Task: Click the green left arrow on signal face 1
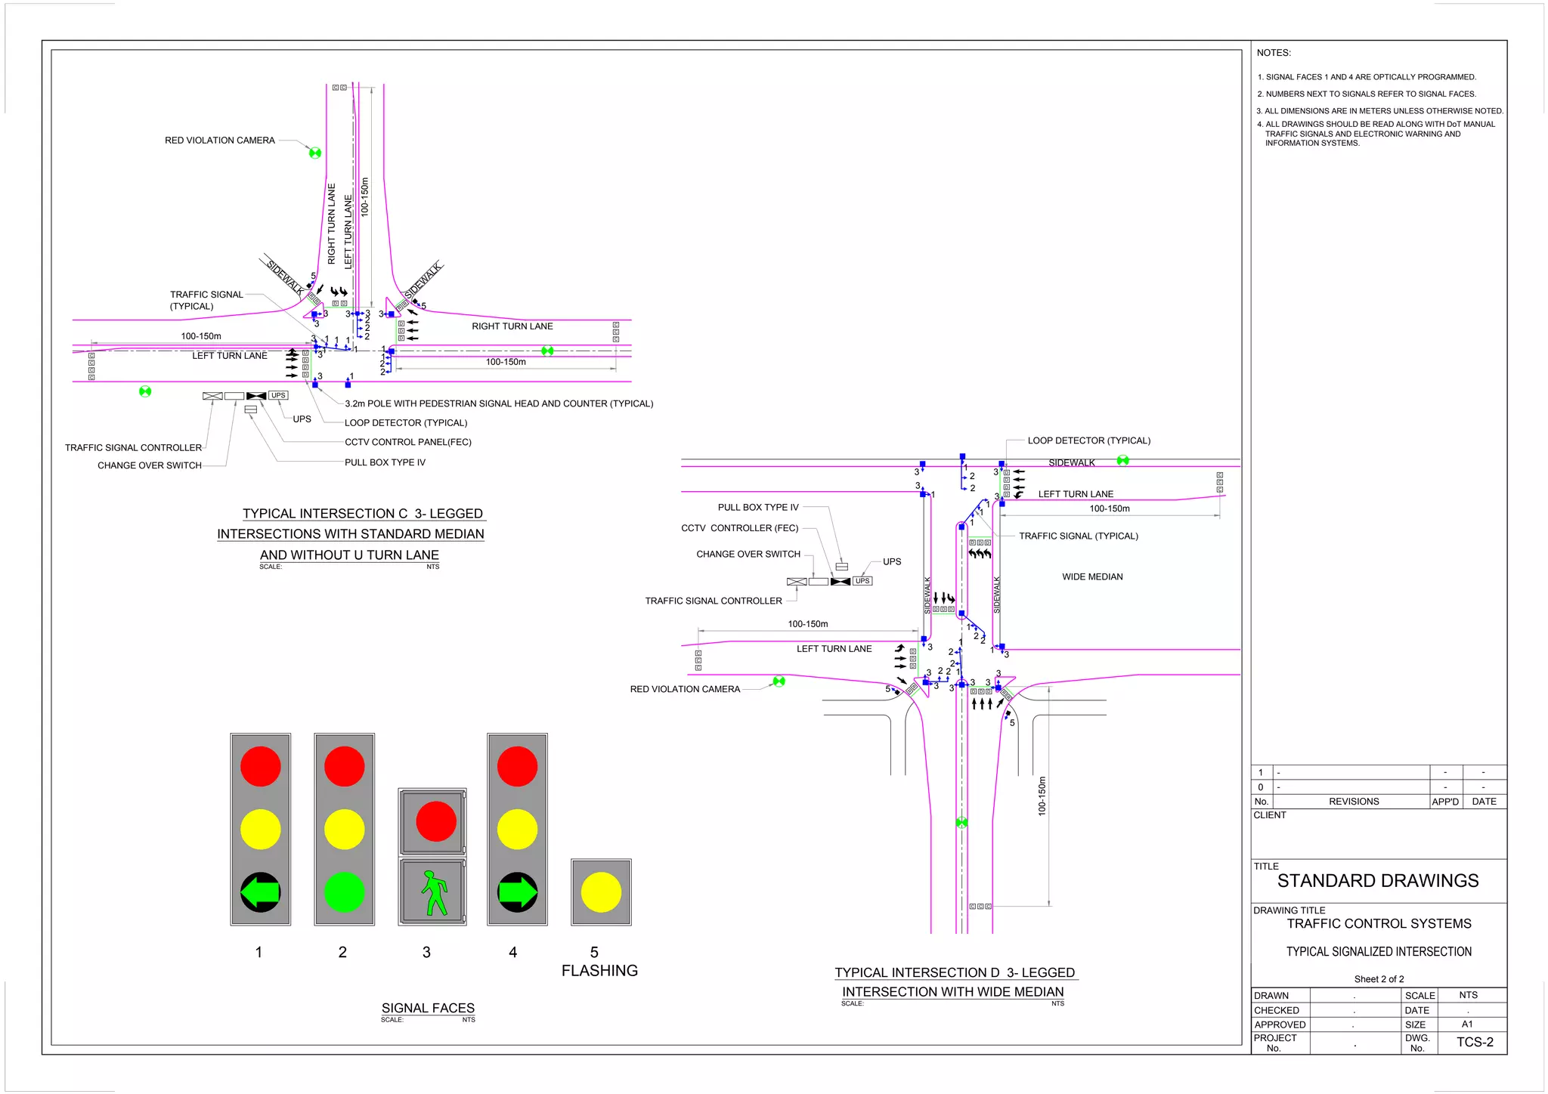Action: (260, 892)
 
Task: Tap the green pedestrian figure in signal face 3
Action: (433, 892)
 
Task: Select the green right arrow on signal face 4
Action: (518, 892)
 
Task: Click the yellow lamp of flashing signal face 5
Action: (601, 892)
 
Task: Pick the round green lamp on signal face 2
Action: (344, 892)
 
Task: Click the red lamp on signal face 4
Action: (517, 766)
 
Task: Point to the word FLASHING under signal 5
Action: (599, 971)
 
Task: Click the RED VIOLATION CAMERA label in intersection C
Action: (220, 141)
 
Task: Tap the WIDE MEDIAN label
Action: (1092, 576)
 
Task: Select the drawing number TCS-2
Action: (1475, 1042)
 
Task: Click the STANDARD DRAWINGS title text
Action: (1378, 881)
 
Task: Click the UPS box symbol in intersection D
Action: (862, 581)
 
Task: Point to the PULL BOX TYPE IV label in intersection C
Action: (385, 462)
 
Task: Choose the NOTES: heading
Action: (1274, 53)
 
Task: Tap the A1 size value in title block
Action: (1467, 1024)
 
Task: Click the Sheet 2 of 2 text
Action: (1379, 979)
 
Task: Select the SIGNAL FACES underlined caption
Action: (428, 1008)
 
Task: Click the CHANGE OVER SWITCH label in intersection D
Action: (748, 554)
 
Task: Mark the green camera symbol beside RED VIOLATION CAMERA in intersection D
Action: (779, 681)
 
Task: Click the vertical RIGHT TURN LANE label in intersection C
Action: (331, 224)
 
